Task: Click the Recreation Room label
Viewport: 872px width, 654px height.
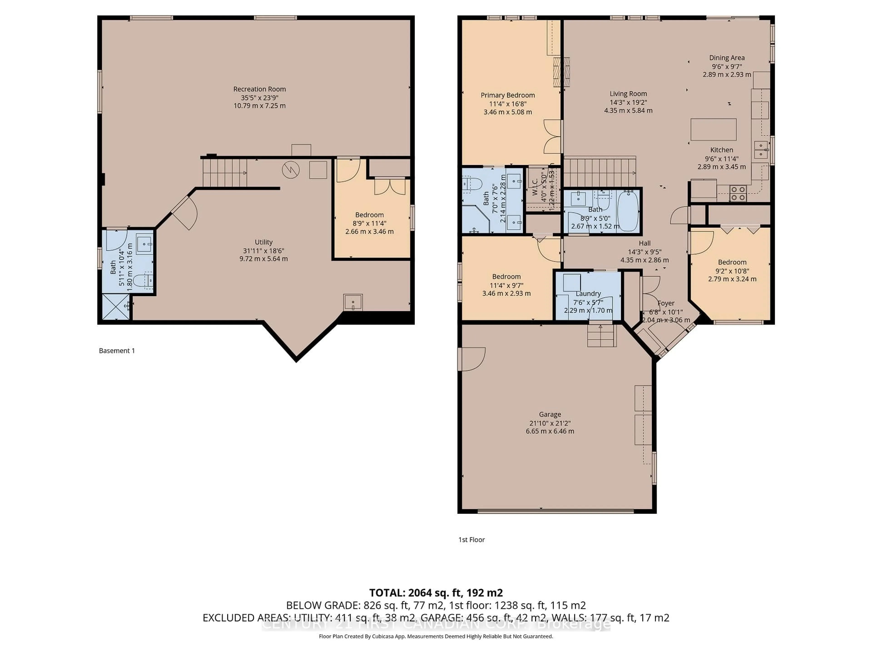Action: (x=259, y=89)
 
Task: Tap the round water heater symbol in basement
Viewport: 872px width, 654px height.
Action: (x=290, y=170)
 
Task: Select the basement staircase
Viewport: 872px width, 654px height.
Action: (x=225, y=173)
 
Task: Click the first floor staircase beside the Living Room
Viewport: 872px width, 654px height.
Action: (x=599, y=172)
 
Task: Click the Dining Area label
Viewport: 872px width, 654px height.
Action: (x=726, y=57)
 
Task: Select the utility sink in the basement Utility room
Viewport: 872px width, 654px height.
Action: (x=353, y=302)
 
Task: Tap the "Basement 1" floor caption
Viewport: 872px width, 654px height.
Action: (x=117, y=350)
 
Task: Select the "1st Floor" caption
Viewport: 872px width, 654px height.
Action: (x=471, y=540)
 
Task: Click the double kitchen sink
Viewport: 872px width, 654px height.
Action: (x=761, y=150)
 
